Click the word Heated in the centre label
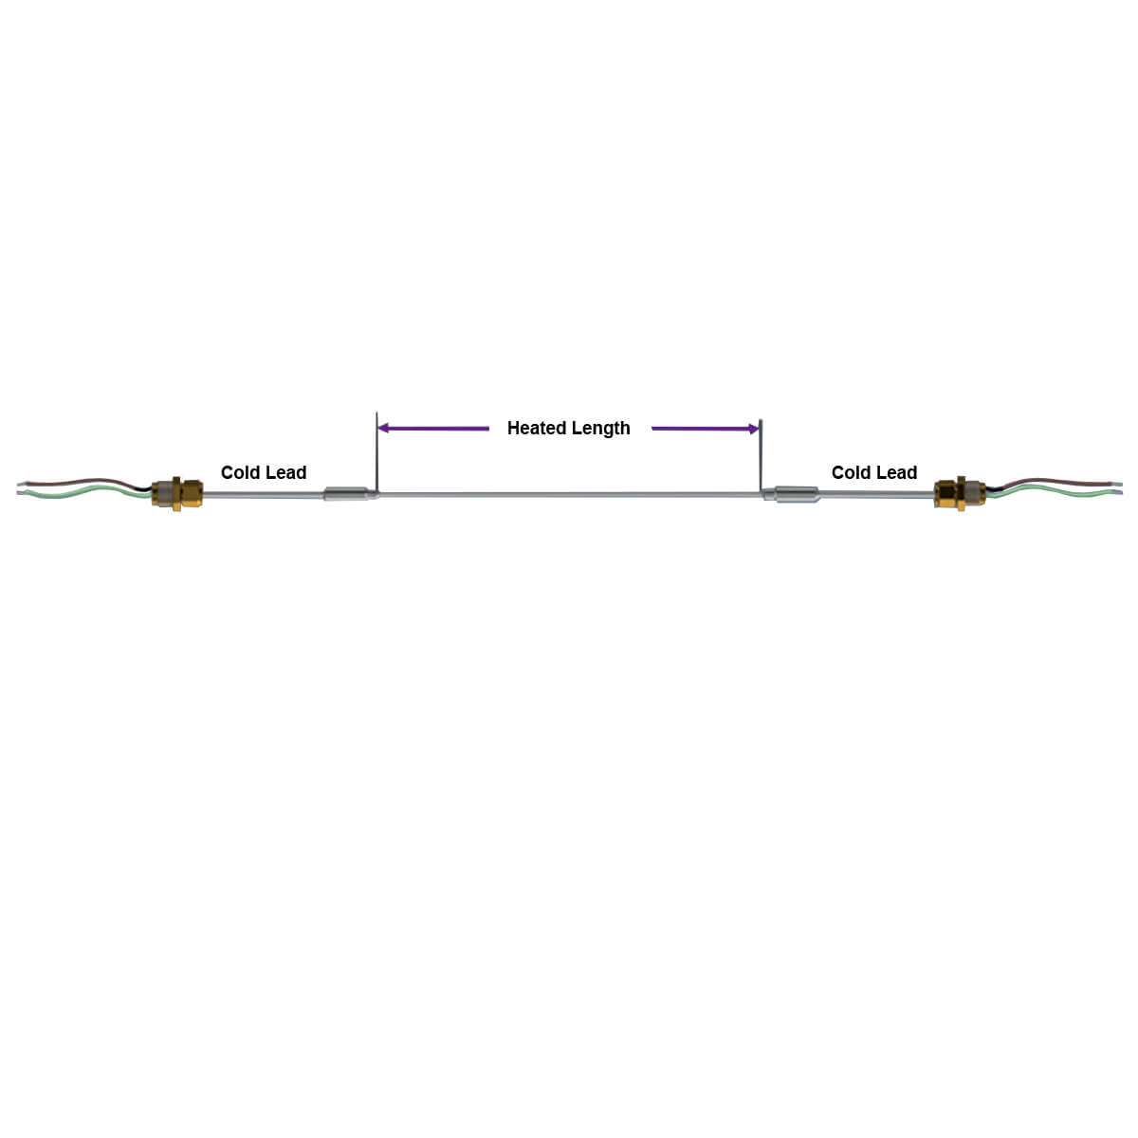point(537,429)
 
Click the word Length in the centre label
point(599,429)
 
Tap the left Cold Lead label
point(264,472)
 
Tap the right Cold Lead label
point(874,472)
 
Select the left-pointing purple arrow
point(432,429)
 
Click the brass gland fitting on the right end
point(958,493)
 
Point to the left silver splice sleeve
point(347,494)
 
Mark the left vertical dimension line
point(376,455)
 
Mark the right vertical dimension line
point(761,455)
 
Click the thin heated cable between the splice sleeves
point(569,494)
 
